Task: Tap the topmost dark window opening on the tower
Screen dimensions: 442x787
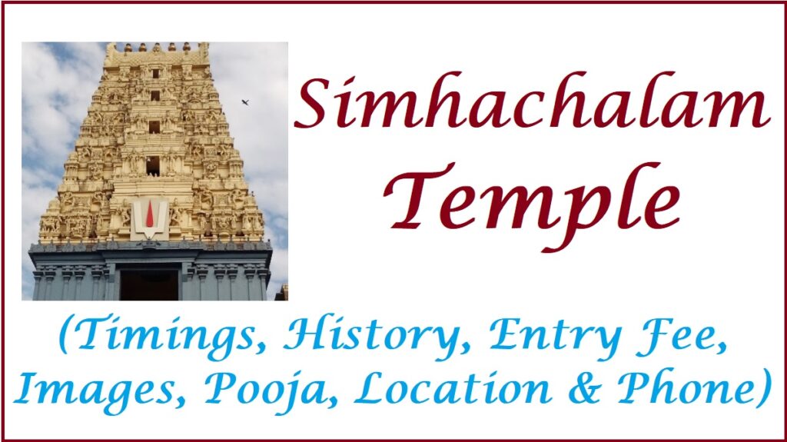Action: [x=155, y=74]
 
